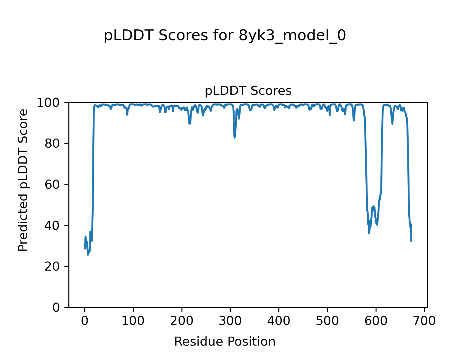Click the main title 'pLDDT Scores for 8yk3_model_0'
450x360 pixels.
pos(225,36)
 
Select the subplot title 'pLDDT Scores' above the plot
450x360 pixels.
pos(248,91)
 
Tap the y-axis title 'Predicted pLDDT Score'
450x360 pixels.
pos(23,180)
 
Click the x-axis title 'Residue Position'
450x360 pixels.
pos(225,342)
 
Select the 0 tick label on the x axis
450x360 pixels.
pos(85,321)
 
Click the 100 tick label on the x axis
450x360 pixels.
pos(133,321)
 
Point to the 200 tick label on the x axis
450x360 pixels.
pos(182,321)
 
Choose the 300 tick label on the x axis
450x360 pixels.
pos(230,321)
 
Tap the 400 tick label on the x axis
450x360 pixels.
pos(279,321)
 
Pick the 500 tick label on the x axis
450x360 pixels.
pos(327,321)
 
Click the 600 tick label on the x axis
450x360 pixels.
pos(376,321)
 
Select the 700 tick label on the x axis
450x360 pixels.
pos(424,321)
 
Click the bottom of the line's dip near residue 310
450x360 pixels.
pos(235,138)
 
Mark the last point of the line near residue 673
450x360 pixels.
pos(411,241)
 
